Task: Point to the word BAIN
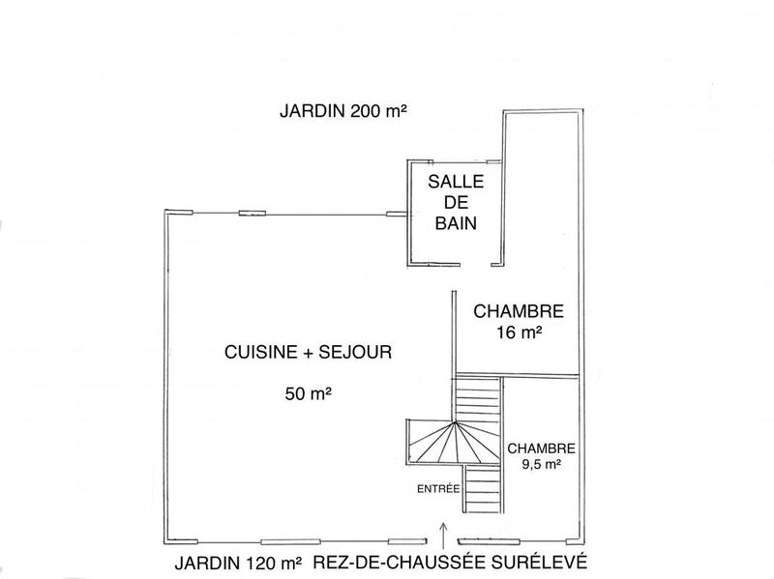(x=454, y=223)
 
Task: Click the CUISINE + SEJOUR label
(x=307, y=354)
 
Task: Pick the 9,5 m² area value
(x=542, y=464)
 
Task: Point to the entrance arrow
(x=443, y=531)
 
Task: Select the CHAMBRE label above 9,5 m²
(x=542, y=449)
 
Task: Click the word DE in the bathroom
(x=454, y=202)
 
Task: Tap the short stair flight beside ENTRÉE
(x=481, y=491)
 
